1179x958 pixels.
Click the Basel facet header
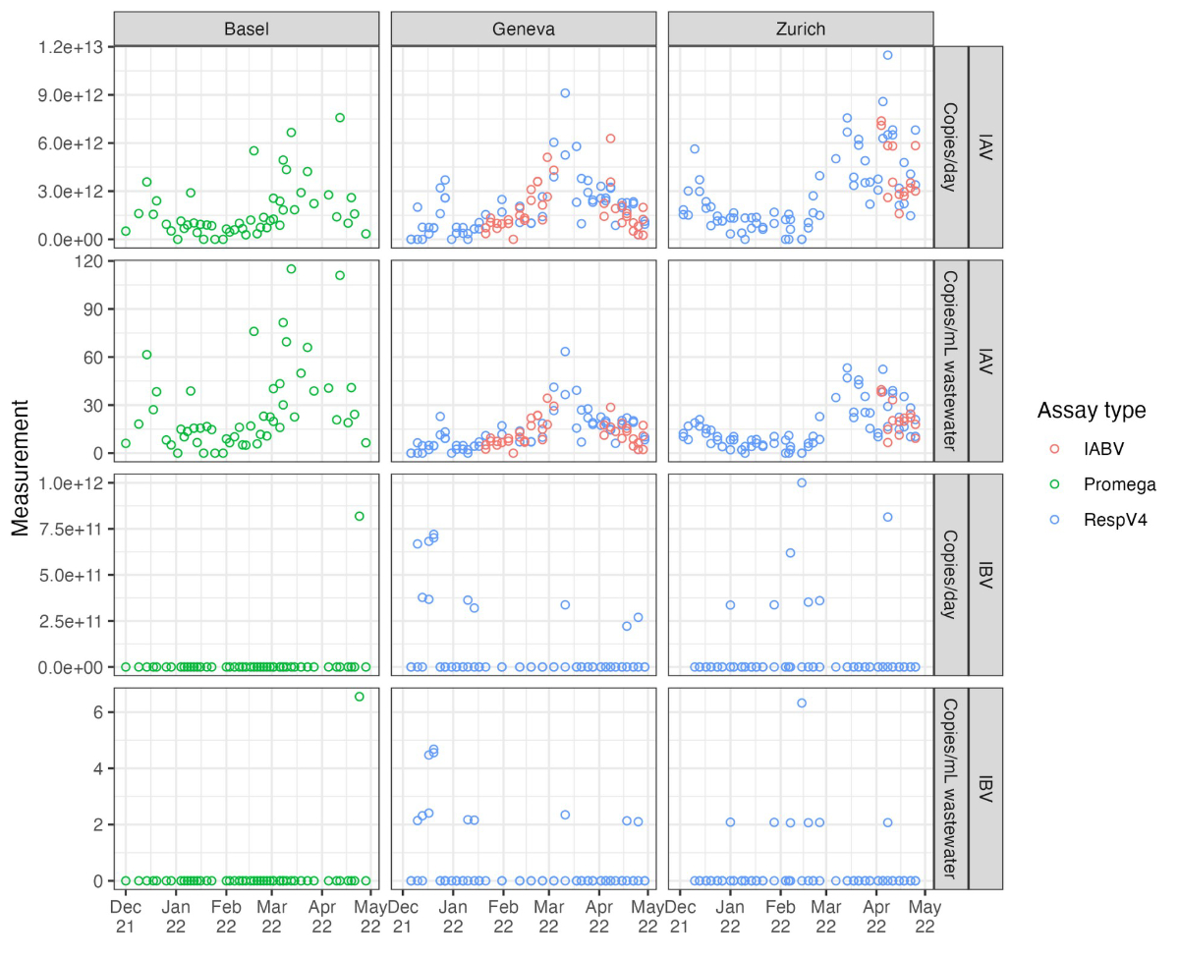tap(246, 28)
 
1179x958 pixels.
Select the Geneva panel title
tap(524, 28)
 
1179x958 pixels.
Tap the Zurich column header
tap(800, 28)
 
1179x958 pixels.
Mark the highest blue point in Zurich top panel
tap(887, 55)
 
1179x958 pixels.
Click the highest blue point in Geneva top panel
tap(565, 93)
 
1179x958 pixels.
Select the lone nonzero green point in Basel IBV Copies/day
tap(360, 516)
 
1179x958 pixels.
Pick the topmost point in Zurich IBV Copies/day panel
tap(802, 482)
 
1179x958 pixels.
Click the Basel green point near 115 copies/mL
tap(291, 268)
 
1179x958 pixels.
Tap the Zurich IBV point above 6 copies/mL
tap(802, 703)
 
